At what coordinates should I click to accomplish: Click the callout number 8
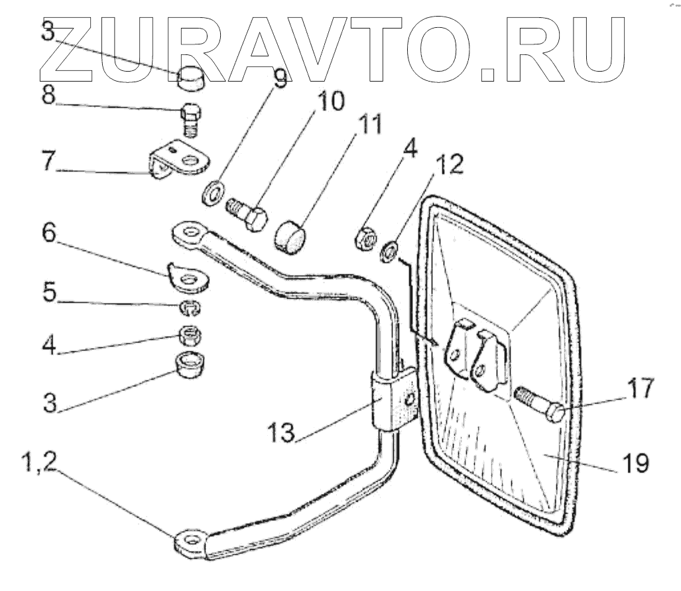pyautogui.click(x=49, y=95)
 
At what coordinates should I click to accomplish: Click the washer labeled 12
pyautogui.click(x=390, y=251)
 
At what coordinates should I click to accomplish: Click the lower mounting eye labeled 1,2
pyautogui.click(x=192, y=542)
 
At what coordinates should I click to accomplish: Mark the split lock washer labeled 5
pyautogui.click(x=190, y=308)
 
